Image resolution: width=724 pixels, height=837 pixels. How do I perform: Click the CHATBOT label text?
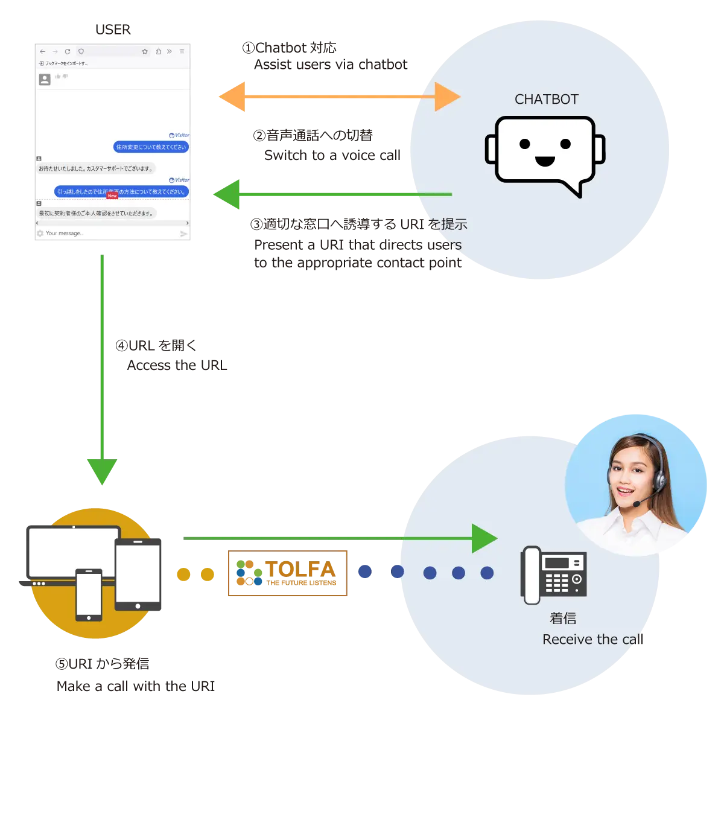[x=546, y=100]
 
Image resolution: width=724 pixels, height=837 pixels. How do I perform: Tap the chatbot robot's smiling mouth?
[x=545, y=161]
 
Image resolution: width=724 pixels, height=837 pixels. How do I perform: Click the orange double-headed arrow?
[x=338, y=97]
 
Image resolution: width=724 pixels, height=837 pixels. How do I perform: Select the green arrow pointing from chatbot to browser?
[x=332, y=194]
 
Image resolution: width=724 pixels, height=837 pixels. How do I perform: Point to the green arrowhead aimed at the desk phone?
[x=484, y=538]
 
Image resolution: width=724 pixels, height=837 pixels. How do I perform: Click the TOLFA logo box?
[x=287, y=574]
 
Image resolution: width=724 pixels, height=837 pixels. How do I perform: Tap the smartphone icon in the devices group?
[x=89, y=594]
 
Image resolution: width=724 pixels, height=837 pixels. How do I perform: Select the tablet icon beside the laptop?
[x=139, y=573]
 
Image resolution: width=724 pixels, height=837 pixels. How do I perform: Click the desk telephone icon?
[x=553, y=574]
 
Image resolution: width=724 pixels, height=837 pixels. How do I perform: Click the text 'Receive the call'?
[x=594, y=640]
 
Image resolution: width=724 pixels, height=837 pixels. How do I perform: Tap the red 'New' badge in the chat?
[x=112, y=196]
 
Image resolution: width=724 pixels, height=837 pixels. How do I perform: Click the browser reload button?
[x=68, y=52]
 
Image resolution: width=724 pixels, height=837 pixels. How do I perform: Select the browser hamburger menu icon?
[x=182, y=52]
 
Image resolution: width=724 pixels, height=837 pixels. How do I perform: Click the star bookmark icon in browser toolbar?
[x=145, y=52]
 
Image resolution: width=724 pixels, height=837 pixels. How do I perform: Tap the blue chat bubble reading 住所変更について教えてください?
[x=151, y=147]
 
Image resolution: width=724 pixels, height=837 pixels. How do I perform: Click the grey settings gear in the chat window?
[x=40, y=234]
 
